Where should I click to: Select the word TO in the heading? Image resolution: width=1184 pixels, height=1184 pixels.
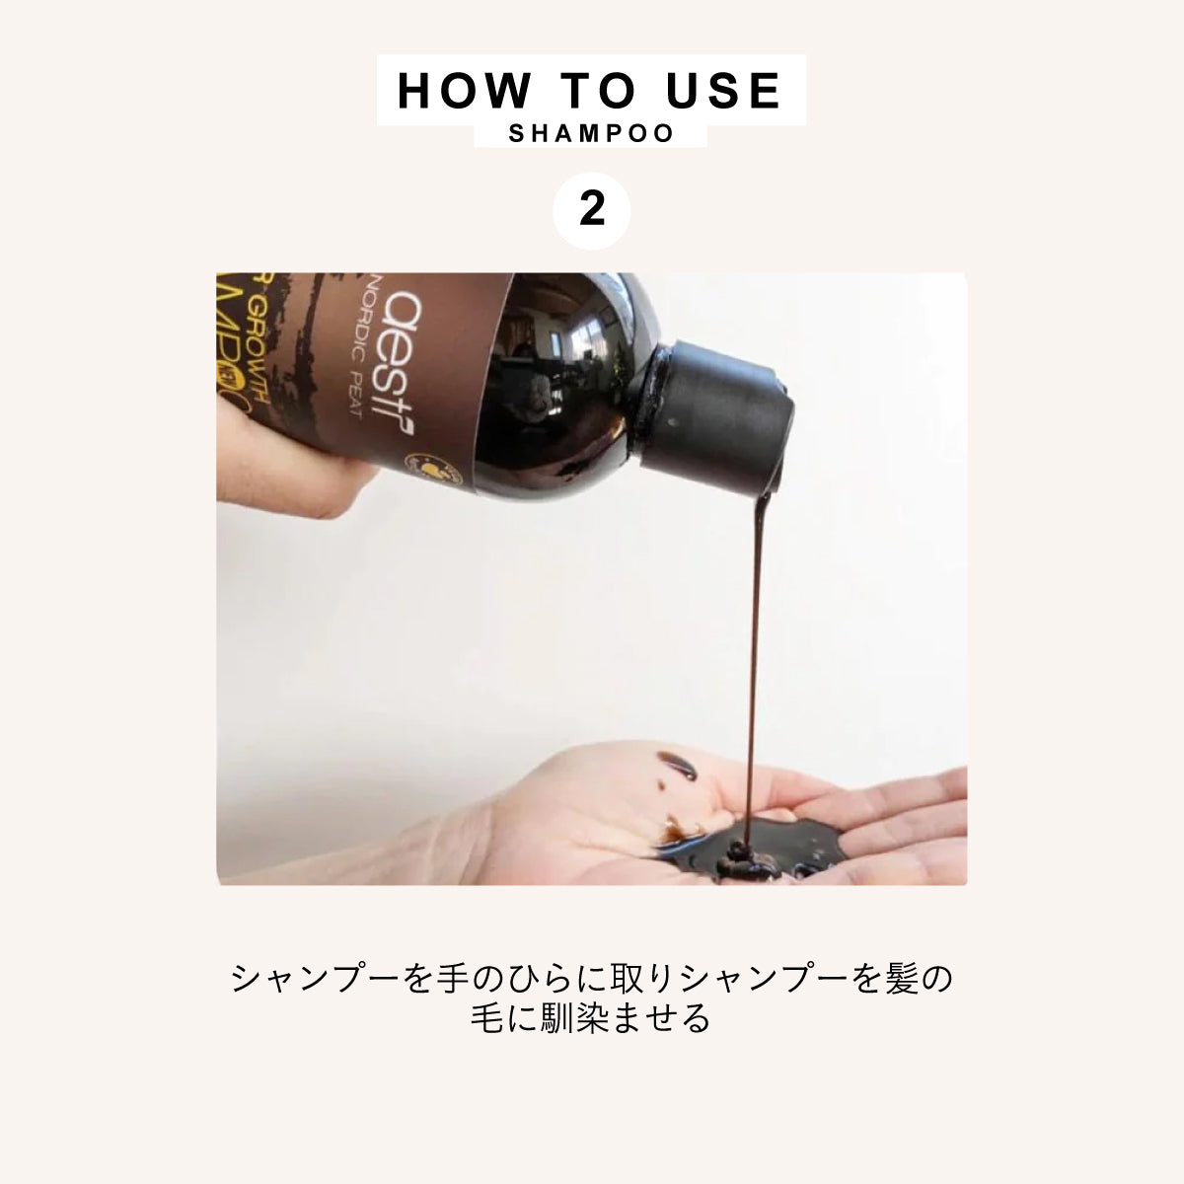[599, 91]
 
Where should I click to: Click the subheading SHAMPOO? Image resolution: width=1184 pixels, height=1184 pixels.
[591, 133]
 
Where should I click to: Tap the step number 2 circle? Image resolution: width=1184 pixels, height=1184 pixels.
[592, 209]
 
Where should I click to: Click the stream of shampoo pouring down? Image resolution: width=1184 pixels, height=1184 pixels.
[752, 641]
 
